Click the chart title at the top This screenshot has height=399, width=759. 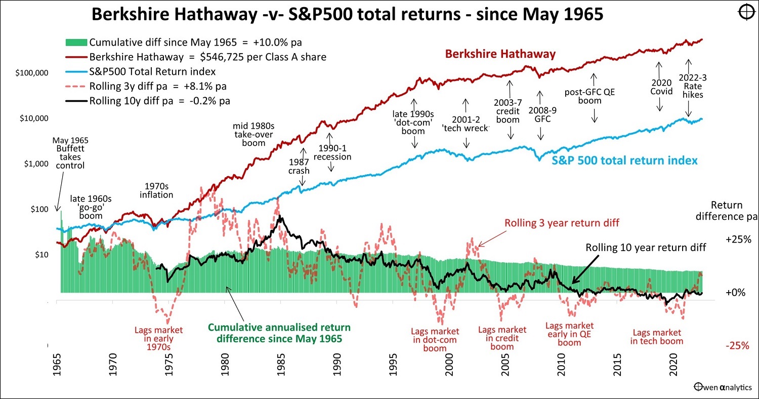(347, 15)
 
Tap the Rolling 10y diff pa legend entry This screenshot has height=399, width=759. (159, 101)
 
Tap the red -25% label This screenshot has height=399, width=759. (736, 346)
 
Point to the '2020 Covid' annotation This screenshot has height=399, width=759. (661, 87)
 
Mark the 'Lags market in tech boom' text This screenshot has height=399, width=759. (656, 337)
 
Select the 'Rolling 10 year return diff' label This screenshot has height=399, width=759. (646, 248)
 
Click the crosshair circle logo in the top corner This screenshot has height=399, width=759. (747, 13)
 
